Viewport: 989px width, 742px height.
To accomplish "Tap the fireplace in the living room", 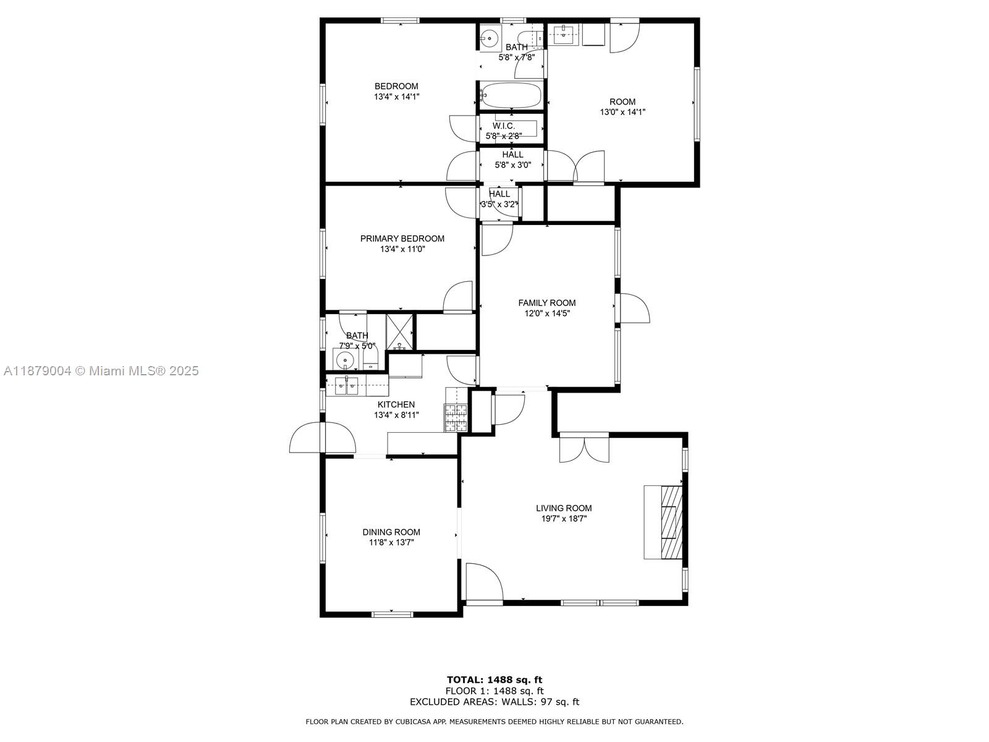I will point(664,522).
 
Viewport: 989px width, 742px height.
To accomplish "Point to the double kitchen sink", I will point(346,386).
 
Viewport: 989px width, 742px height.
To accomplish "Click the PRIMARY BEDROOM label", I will point(402,239).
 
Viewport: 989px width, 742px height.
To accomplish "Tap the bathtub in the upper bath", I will point(511,96).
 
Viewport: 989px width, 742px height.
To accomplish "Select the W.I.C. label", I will point(503,126).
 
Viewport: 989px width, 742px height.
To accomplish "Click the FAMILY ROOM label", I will point(546,303).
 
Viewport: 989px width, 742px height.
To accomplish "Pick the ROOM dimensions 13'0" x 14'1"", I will point(622,112).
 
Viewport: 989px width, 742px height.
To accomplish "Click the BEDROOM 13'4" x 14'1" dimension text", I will point(396,96).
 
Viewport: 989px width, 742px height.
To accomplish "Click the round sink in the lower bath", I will point(343,359).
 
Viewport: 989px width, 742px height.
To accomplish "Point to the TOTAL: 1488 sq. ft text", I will point(494,680).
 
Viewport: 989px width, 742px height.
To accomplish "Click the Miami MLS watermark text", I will point(101,371).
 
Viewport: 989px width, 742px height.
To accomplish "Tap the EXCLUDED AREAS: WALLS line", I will point(494,702).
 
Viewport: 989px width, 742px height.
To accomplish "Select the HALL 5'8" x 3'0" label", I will point(512,160).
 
